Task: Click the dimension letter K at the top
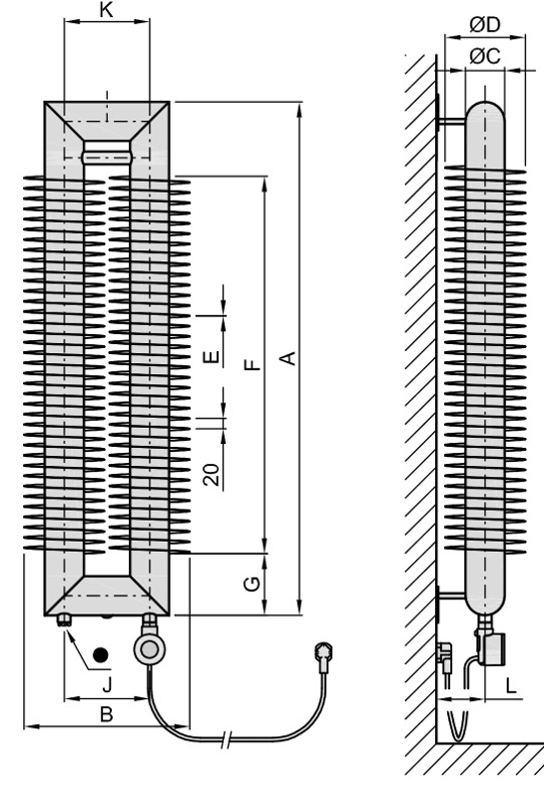pos(106,9)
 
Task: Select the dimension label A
pos(289,358)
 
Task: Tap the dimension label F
pos(253,364)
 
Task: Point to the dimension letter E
pos(211,357)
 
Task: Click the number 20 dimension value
pos(212,475)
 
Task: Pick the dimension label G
pos(253,584)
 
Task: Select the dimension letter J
pos(107,684)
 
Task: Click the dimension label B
pos(106,714)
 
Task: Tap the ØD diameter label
pos(485,25)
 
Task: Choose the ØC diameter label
pos(485,56)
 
